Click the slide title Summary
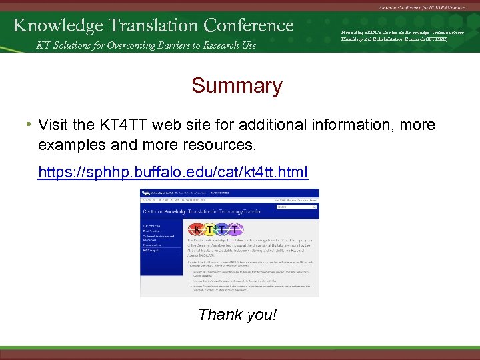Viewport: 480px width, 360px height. [237, 86]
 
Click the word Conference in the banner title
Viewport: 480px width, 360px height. [249, 25]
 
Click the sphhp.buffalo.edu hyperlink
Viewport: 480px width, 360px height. [173, 173]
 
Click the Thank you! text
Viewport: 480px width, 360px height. [237, 314]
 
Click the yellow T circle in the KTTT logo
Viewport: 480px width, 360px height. [212, 229]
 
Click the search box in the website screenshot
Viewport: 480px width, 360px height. [297, 207]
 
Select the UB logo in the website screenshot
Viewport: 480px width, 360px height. [147, 194]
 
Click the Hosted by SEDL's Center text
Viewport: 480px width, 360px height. [402, 35]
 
